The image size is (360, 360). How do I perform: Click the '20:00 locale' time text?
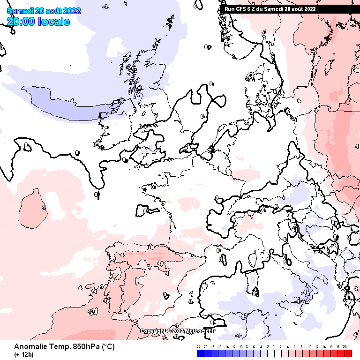[x=38, y=22]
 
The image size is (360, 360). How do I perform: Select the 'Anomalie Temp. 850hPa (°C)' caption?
[x=64, y=347]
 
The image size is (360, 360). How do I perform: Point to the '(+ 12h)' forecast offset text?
[x=23, y=354]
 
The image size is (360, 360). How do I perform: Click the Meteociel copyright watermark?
[x=178, y=331]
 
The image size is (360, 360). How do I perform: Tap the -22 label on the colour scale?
[x=198, y=346]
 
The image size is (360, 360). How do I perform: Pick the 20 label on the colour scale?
[x=345, y=346]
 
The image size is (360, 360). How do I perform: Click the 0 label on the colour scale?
[x=274, y=346]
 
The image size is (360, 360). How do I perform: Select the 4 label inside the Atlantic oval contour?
[x=43, y=207]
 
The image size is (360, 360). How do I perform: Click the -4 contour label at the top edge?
[x=106, y=7]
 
